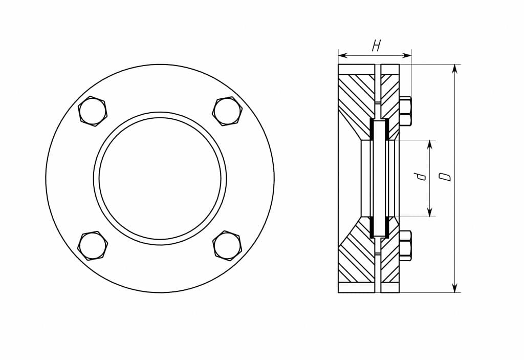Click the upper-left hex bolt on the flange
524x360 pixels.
[x=93, y=111]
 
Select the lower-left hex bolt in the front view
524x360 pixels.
[x=93, y=246]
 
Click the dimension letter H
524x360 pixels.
[x=377, y=46]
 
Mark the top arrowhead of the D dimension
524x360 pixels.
[x=454, y=69]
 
